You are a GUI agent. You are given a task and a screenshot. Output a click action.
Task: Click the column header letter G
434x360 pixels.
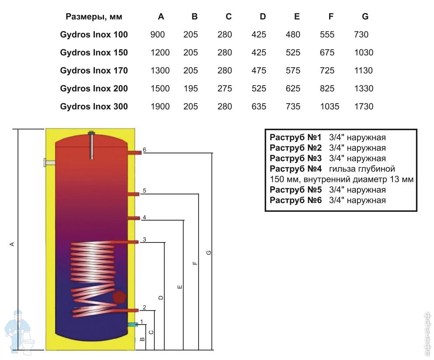click(x=365, y=17)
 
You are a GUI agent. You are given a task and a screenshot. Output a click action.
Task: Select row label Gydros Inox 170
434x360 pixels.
click(x=94, y=71)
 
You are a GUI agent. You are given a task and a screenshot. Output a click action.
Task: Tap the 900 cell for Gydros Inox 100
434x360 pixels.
click(x=157, y=35)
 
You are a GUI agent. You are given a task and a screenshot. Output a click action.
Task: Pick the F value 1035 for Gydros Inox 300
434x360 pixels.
click(x=330, y=107)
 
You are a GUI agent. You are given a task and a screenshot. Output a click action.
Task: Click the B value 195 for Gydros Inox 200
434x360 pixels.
click(x=191, y=89)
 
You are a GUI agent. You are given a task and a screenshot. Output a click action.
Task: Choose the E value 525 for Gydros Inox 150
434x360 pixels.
click(x=293, y=52)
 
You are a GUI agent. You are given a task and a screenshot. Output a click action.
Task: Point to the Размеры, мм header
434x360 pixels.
click(x=94, y=17)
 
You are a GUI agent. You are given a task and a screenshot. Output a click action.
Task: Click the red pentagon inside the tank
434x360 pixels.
click(x=119, y=297)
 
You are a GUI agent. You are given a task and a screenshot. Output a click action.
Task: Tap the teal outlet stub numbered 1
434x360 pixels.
click(x=132, y=325)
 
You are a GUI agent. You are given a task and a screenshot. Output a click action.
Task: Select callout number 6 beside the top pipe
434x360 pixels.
click(x=145, y=150)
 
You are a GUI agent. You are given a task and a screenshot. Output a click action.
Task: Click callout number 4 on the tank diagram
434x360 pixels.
click(x=144, y=218)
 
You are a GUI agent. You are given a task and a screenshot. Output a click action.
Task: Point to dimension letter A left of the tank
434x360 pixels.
click(x=12, y=244)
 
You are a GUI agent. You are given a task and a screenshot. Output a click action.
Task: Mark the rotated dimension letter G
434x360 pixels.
click(x=209, y=253)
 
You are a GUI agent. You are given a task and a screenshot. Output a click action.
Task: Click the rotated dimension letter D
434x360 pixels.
click(x=161, y=298)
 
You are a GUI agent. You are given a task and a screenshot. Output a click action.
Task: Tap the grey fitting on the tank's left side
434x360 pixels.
click(x=49, y=163)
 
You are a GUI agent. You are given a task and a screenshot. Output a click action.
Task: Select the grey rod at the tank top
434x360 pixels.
click(x=92, y=145)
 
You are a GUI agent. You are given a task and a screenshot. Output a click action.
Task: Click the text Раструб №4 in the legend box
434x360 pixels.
click(x=295, y=169)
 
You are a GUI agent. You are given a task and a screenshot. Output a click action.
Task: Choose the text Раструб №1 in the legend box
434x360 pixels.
click(x=295, y=137)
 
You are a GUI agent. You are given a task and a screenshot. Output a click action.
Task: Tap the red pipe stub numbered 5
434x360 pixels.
click(x=133, y=194)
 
